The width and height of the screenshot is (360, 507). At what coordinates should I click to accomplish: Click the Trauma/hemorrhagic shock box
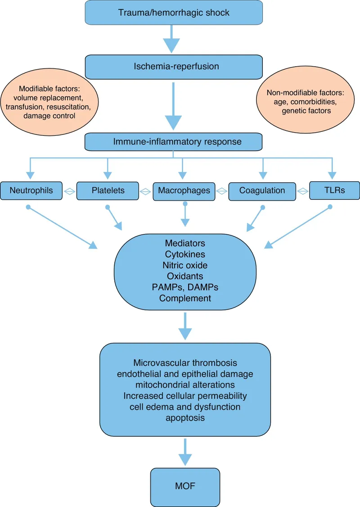coord(174,12)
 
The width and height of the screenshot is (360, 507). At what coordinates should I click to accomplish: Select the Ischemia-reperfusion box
coord(174,67)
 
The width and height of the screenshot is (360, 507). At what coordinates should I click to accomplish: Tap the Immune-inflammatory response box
coord(174,142)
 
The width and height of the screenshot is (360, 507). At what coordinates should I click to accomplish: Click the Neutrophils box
coord(31,190)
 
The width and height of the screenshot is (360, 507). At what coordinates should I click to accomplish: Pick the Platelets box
coord(108,191)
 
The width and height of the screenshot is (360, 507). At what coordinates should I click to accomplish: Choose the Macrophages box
coord(184,190)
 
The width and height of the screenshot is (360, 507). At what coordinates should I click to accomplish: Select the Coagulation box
coord(262,191)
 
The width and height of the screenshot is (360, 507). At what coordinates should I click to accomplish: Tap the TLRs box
coord(334,190)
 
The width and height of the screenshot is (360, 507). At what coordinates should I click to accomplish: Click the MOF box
coord(185,487)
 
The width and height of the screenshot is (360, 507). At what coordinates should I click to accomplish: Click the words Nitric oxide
coord(185,265)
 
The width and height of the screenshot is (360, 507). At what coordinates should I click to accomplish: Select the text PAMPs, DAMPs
coord(185,287)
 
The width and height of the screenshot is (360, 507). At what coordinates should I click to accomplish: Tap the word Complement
coord(185,298)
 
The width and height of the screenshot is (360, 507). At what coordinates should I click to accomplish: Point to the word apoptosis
coord(185,417)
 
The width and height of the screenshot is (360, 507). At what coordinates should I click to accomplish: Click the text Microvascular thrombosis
coord(185,363)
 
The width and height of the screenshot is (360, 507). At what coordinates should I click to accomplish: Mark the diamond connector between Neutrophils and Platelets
coord(69,191)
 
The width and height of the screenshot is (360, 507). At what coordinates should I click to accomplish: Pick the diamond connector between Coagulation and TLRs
coord(303,191)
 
